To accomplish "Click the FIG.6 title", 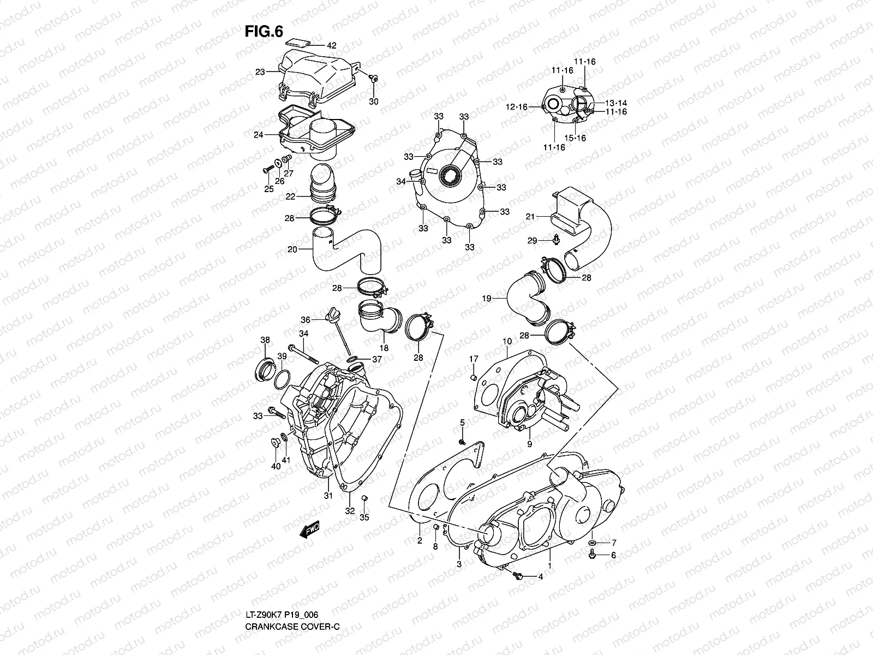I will (x=264, y=31).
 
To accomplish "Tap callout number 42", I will (x=331, y=45).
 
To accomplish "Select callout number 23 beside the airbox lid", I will (x=260, y=72).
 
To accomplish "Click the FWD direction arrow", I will (x=309, y=529).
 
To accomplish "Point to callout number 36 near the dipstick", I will (x=306, y=320).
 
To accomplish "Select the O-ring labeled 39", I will (x=282, y=377).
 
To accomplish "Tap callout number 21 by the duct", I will (x=529, y=217).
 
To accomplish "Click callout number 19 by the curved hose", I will (x=487, y=298).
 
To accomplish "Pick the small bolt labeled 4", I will (x=519, y=575).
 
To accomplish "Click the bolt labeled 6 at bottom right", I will (x=594, y=555).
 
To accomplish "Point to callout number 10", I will (x=507, y=342).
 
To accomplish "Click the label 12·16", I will (x=516, y=107).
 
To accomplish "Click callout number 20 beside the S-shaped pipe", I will (x=292, y=249).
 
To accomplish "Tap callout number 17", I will (x=474, y=359).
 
